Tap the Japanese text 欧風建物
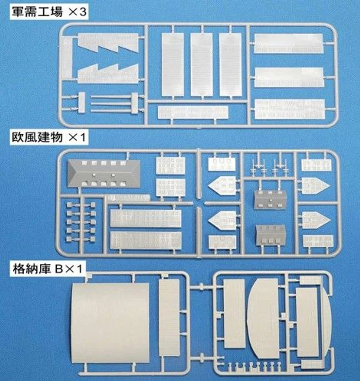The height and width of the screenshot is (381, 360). [37, 138]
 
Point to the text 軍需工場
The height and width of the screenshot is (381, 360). [37, 12]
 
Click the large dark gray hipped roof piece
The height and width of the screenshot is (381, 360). [104, 174]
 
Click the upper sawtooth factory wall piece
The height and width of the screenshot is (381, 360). [108, 43]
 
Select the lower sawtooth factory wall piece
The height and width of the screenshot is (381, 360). [108, 74]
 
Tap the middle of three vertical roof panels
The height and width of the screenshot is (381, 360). [201, 65]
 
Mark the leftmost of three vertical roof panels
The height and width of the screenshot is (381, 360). [173, 65]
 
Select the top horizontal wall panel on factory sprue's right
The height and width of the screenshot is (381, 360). [288, 43]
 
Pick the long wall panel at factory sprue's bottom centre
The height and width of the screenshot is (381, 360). [193, 112]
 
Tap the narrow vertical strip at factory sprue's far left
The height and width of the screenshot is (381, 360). [66, 57]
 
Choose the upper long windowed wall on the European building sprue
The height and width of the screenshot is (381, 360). [145, 218]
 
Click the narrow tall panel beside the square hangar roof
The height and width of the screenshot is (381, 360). [169, 318]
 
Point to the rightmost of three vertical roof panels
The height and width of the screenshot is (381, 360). [230, 65]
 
